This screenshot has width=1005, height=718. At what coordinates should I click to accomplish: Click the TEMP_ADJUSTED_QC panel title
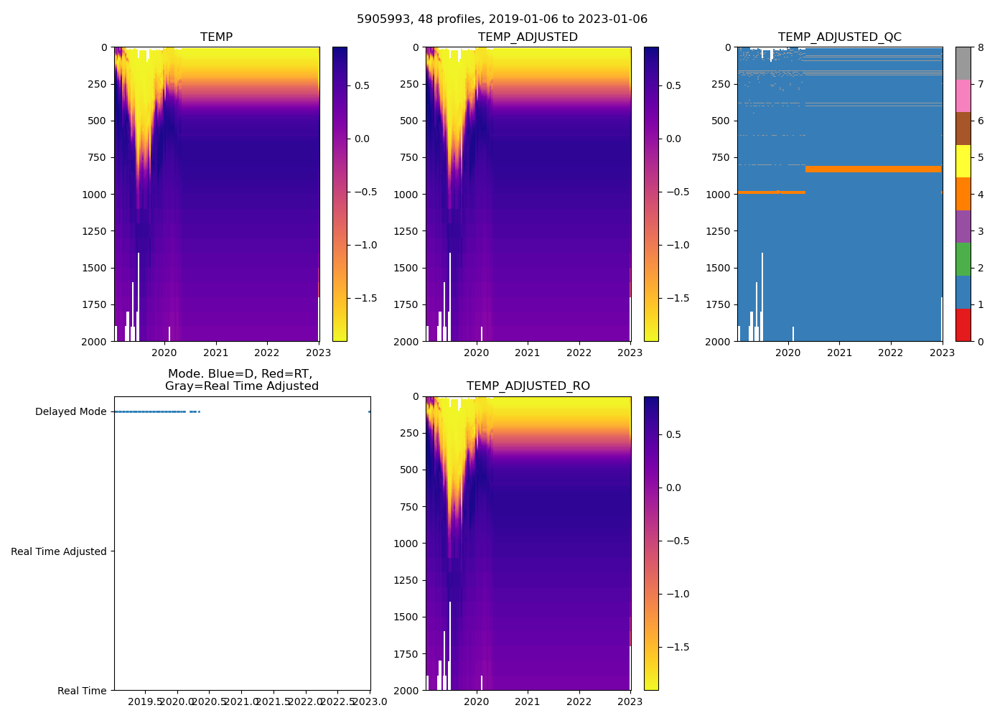pyautogui.click(x=839, y=37)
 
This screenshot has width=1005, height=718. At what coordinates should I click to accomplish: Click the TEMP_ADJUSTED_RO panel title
pyautogui.click(x=528, y=386)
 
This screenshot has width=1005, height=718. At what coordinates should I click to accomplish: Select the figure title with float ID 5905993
pyautogui.click(x=502, y=19)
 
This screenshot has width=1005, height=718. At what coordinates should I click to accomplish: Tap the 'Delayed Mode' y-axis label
pyautogui.click(x=70, y=412)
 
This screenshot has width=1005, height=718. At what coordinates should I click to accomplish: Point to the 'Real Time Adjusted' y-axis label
pyautogui.click(x=59, y=551)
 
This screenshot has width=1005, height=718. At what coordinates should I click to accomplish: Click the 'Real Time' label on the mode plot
pyautogui.click(x=82, y=691)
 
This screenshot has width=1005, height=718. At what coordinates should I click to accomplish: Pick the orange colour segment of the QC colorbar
pyautogui.click(x=963, y=194)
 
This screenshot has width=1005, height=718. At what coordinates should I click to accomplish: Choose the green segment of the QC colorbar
pyautogui.click(x=963, y=259)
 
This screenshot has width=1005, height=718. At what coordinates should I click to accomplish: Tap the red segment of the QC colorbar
pyautogui.click(x=963, y=325)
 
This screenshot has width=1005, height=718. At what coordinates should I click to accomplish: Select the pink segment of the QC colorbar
pyautogui.click(x=963, y=96)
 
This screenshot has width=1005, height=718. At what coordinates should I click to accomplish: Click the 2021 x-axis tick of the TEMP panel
pyautogui.click(x=216, y=353)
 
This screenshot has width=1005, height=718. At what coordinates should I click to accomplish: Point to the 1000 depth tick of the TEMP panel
pyautogui.click(x=95, y=195)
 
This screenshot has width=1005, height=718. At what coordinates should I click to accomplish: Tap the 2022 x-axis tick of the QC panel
pyautogui.click(x=890, y=353)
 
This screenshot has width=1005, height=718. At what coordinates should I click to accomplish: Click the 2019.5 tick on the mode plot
pyautogui.click(x=146, y=701)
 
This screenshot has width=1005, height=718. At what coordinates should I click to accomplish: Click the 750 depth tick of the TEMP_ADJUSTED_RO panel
pyautogui.click(x=409, y=507)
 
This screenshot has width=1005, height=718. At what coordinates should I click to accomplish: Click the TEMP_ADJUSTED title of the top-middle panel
pyautogui.click(x=528, y=37)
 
